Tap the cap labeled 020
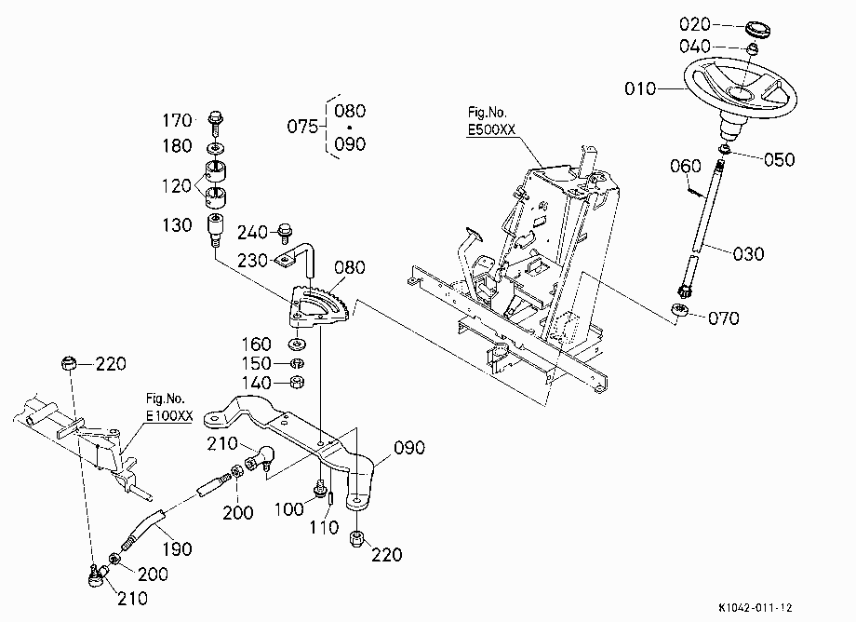pyautogui.click(x=757, y=29)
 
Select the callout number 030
pyautogui.click(x=748, y=254)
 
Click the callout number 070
pyautogui.click(x=723, y=318)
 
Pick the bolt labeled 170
pyautogui.click(x=216, y=124)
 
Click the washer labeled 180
pyautogui.click(x=216, y=148)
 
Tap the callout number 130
pyautogui.click(x=177, y=225)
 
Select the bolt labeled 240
pyautogui.click(x=284, y=233)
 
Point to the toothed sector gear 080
pyautogui.click(x=319, y=307)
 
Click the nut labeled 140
pyautogui.click(x=297, y=382)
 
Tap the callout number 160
pyautogui.click(x=257, y=344)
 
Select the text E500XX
pyautogui.click(x=491, y=130)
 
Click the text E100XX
pyautogui.click(x=169, y=415)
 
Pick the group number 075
pyautogui.click(x=302, y=127)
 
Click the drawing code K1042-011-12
pyautogui.click(x=756, y=607)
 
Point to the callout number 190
pyautogui.click(x=177, y=548)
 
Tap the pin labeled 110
pyautogui.click(x=330, y=498)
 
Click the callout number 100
pyautogui.click(x=288, y=509)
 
